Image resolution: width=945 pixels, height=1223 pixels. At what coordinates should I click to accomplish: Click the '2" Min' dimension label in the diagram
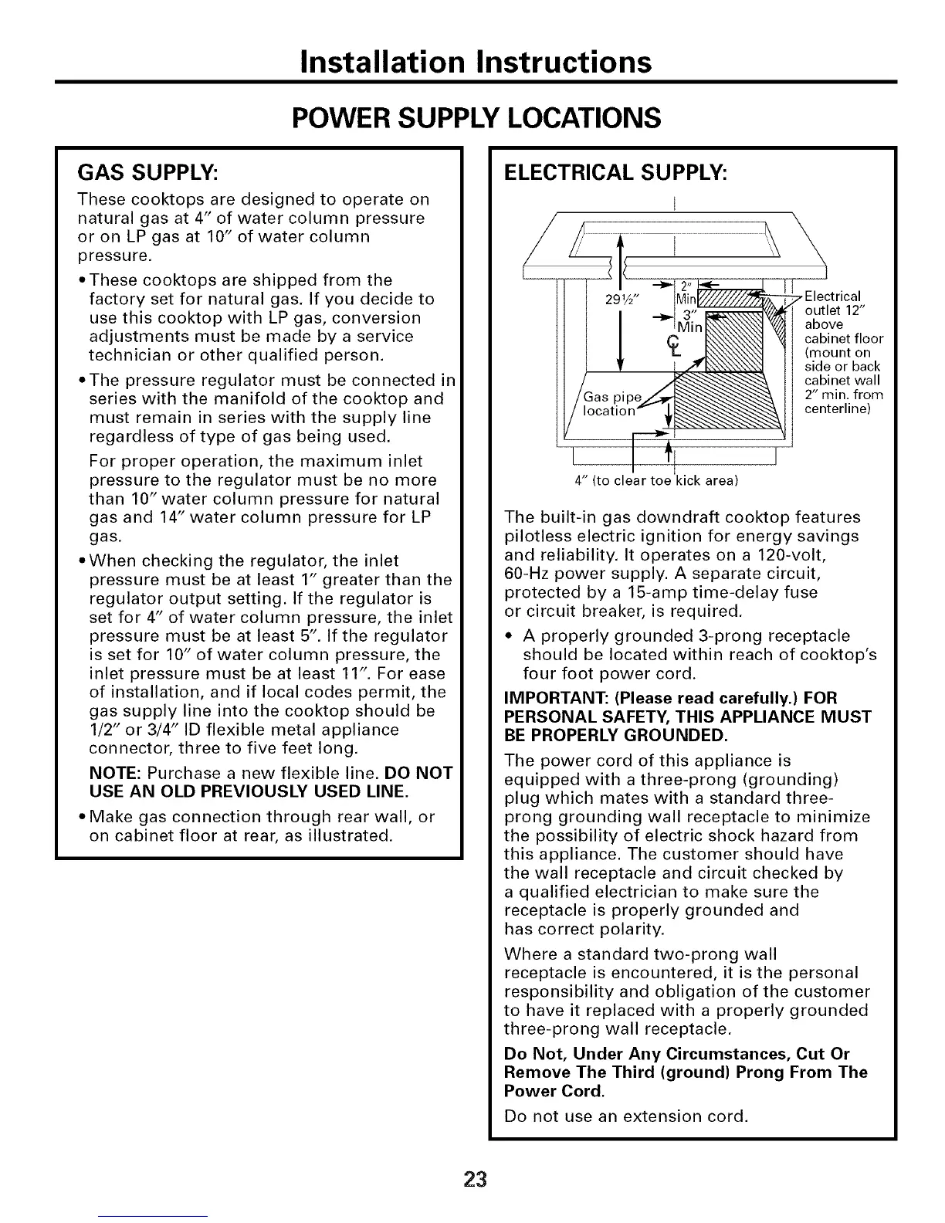coord(686,293)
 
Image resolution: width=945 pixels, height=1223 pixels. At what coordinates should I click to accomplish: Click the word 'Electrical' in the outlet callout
coord(833,297)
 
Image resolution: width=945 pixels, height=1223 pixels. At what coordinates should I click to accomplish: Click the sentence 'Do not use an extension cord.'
coord(626,1116)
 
